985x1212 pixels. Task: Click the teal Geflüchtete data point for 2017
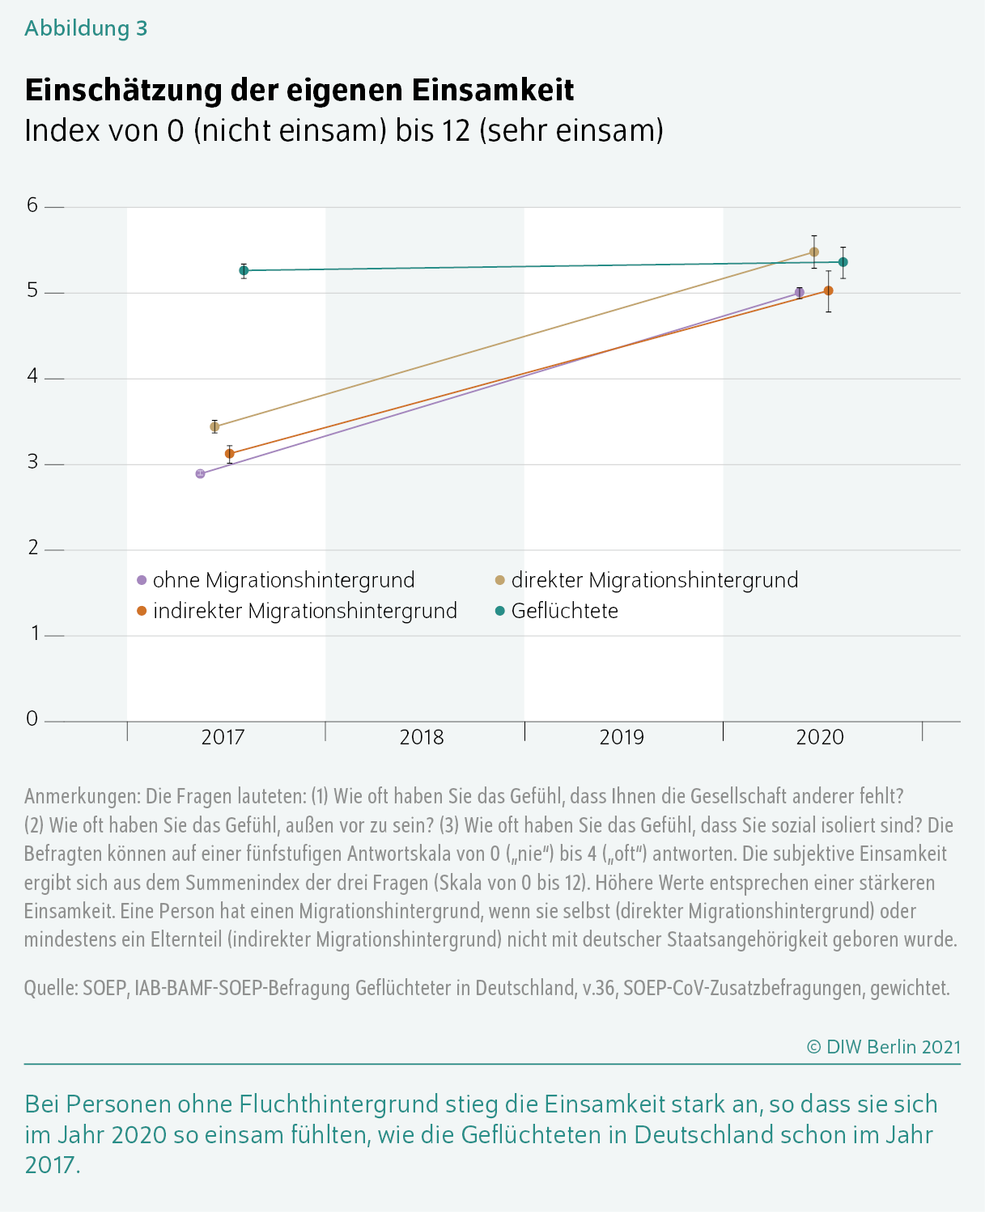244,270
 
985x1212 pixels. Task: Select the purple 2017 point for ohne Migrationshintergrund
200,473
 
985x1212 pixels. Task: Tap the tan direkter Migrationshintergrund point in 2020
813,252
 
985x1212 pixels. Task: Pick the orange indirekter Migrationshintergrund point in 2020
829,290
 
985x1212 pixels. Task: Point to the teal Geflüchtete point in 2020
843,262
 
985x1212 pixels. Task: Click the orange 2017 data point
229,454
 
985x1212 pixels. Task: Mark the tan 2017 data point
214,426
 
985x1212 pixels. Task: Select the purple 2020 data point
800,292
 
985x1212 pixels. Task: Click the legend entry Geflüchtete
557,611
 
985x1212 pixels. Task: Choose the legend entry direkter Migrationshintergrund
647,580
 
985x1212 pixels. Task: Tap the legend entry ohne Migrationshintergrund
276,580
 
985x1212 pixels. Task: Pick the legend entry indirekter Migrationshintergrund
297,611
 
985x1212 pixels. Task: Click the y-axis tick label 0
32,718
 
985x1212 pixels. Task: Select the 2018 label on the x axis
422,737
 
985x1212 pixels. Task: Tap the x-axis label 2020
819,737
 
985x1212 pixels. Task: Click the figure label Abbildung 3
86,28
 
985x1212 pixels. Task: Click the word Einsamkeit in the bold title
493,90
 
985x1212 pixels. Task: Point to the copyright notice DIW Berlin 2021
884,1047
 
